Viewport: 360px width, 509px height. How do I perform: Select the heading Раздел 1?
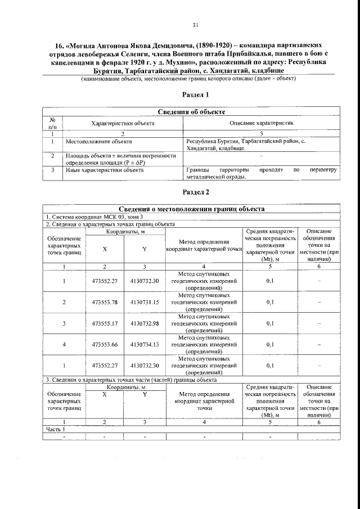click(x=196, y=94)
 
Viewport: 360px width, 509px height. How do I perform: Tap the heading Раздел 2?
click(x=196, y=192)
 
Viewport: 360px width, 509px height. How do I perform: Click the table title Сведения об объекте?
click(x=195, y=113)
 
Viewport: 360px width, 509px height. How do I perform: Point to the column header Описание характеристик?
click(x=261, y=123)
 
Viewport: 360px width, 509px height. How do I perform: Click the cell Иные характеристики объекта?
click(x=105, y=169)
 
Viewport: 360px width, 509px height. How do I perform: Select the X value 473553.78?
click(x=104, y=302)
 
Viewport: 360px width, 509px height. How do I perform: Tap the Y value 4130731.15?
click(x=145, y=302)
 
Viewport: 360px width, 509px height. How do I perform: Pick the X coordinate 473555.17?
click(x=104, y=323)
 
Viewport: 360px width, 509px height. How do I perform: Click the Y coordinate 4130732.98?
click(x=145, y=323)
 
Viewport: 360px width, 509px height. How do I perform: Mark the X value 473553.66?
click(x=104, y=344)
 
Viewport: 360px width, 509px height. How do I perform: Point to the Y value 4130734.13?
click(x=145, y=344)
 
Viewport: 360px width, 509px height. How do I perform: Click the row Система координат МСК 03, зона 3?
click(x=91, y=217)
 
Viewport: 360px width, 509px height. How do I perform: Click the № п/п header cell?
click(x=52, y=123)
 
